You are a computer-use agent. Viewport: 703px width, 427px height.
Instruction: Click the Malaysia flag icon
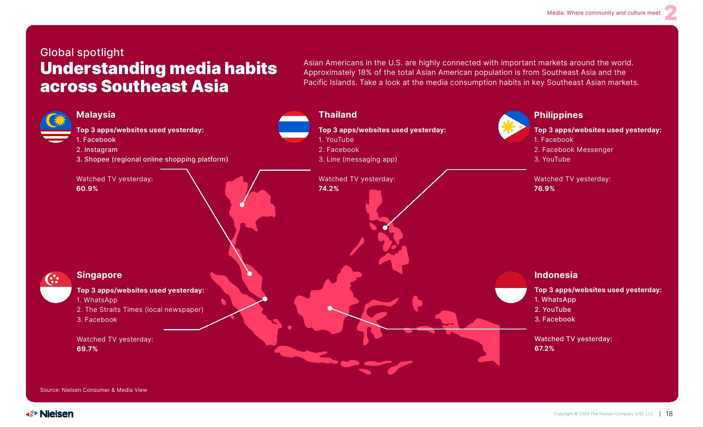(x=56, y=127)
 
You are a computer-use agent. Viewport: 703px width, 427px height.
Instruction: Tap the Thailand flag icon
(x=294, y=127)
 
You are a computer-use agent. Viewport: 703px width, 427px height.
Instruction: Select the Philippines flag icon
(x=514, y=127)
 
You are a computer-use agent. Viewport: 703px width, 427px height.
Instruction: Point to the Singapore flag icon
(x=56, y=287)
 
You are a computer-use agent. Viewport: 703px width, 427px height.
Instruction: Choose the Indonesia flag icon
(x=511, y=287)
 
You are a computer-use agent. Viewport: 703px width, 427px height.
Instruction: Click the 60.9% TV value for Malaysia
(x=87, y=189)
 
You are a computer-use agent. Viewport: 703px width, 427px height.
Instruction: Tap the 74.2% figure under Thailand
(x=328, y=189)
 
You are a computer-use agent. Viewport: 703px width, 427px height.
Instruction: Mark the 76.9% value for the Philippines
(x=544, y=189)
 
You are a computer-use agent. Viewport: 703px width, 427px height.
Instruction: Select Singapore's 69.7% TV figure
(x=87, y=349)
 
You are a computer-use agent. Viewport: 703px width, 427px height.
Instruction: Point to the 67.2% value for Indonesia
(x=544, y=348)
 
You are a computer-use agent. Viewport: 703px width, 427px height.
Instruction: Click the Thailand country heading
(x=338, y=115)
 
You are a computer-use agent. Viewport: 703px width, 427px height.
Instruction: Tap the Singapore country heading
(x=99, y=275)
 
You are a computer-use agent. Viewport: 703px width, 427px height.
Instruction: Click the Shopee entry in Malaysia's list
(x=152, y=159)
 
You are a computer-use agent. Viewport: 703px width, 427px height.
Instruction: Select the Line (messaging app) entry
(x=358, y=159)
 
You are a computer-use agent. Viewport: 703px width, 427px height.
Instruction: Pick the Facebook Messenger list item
(x=574, y=150)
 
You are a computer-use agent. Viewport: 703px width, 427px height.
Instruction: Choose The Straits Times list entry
(x=140, y=310)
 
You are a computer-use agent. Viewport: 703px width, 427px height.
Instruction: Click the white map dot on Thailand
(x=242, y=205)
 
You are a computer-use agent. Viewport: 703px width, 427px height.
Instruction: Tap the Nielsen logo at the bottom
(x=49, y=414)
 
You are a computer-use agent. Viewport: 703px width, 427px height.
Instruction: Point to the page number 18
(x=669, y=414)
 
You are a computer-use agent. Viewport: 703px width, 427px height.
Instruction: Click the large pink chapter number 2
(x=671, y=13)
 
